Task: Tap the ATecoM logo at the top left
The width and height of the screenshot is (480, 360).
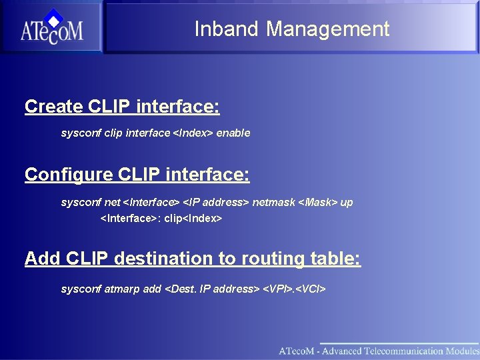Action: [51, 27]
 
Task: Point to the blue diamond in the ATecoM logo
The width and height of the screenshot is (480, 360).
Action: [53, 17]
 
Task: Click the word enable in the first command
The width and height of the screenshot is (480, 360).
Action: [233, 133]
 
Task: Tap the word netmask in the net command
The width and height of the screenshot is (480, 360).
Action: [273, 202]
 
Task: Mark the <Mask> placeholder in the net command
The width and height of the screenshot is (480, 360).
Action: [317, 202]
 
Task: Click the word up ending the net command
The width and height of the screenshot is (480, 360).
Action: [347, 202]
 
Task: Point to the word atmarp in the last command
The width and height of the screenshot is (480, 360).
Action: [123, 289]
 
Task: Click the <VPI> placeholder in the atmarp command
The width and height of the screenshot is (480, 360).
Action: [277, 289]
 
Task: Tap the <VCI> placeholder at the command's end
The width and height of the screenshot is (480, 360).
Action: [310, 289]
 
